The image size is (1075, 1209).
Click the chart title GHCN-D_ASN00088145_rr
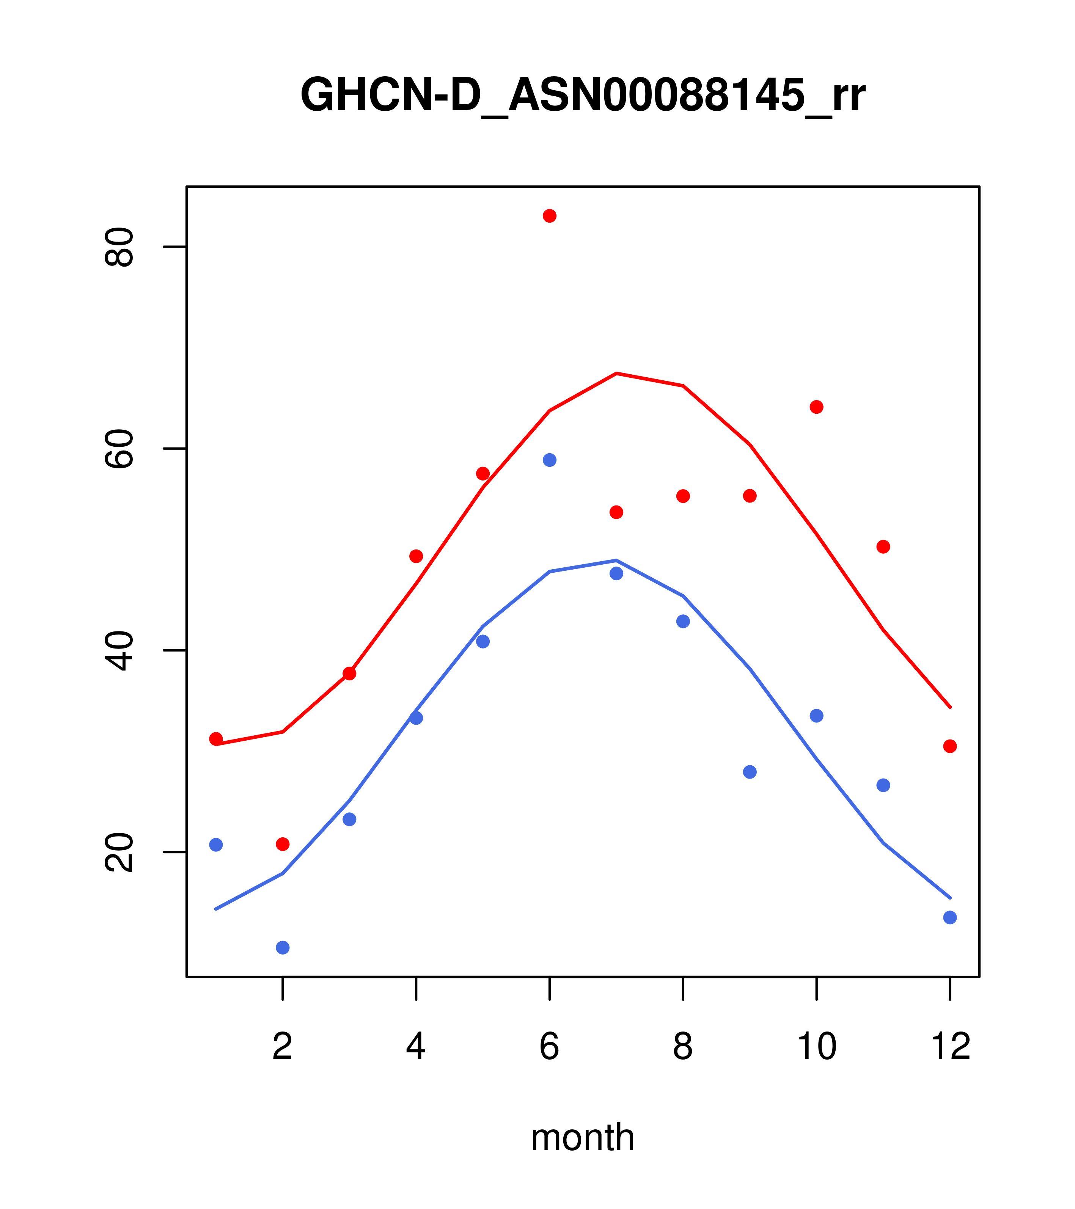click(583, 95)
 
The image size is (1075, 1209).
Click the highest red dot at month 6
click(550, 216)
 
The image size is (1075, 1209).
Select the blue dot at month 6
click(550, 460)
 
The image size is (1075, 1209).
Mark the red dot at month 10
click(816, 407)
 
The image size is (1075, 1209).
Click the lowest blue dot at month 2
click(283, 948)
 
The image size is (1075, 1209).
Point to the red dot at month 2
click(283, 844)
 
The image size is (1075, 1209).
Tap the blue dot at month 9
click(750, 772)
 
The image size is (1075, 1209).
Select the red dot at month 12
click(950, 746)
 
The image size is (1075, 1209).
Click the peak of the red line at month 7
click(616, 373)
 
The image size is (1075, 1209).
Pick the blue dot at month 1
click(216, 845)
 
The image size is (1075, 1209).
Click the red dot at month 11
click(883, 546)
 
